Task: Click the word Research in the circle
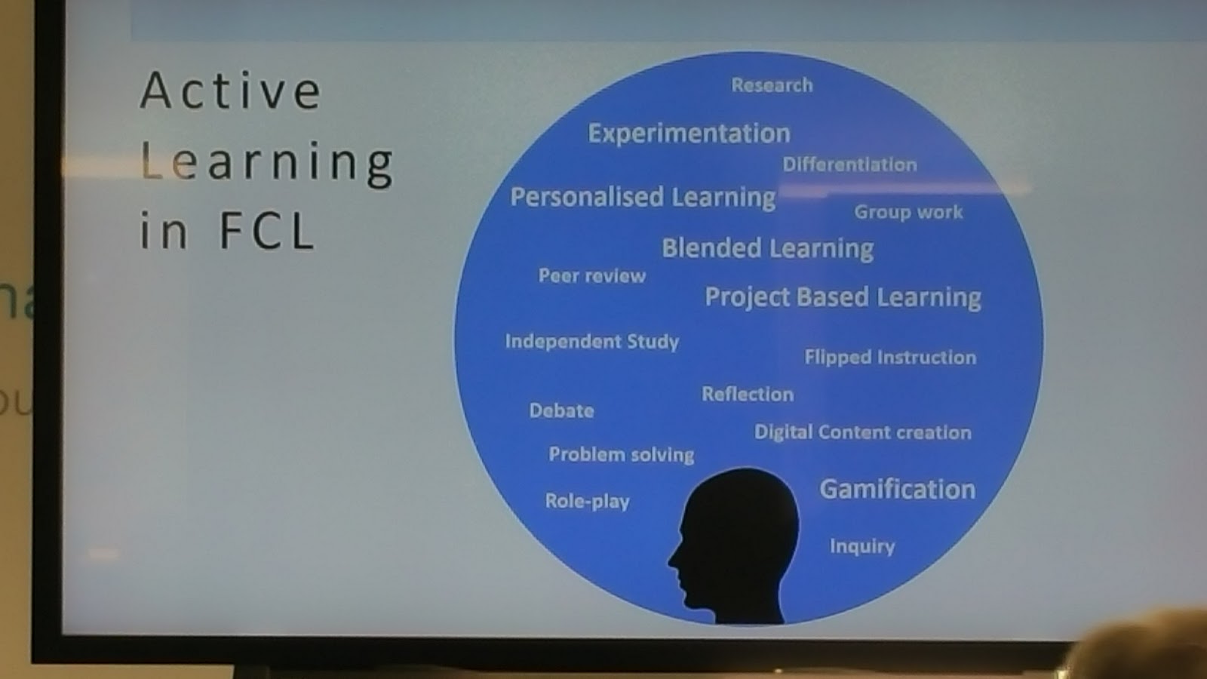pos(772,85)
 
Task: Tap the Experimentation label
pos(689,134)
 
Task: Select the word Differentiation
pos(849,164)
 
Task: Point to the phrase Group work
pos(908,212)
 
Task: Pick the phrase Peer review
pos(592,276)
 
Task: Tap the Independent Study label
pos(592,342)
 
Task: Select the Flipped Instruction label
pos(890,358)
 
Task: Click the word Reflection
pos(748,395)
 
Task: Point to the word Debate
pos(561,411)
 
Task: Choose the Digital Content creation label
pos(863,432)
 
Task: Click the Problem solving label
pos(622,455)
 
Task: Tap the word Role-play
pos(588,502)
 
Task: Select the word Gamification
pos(898,490)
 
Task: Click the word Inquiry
pos(862,546)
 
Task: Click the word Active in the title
pos(231,91)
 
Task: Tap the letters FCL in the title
pos(267,231)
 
